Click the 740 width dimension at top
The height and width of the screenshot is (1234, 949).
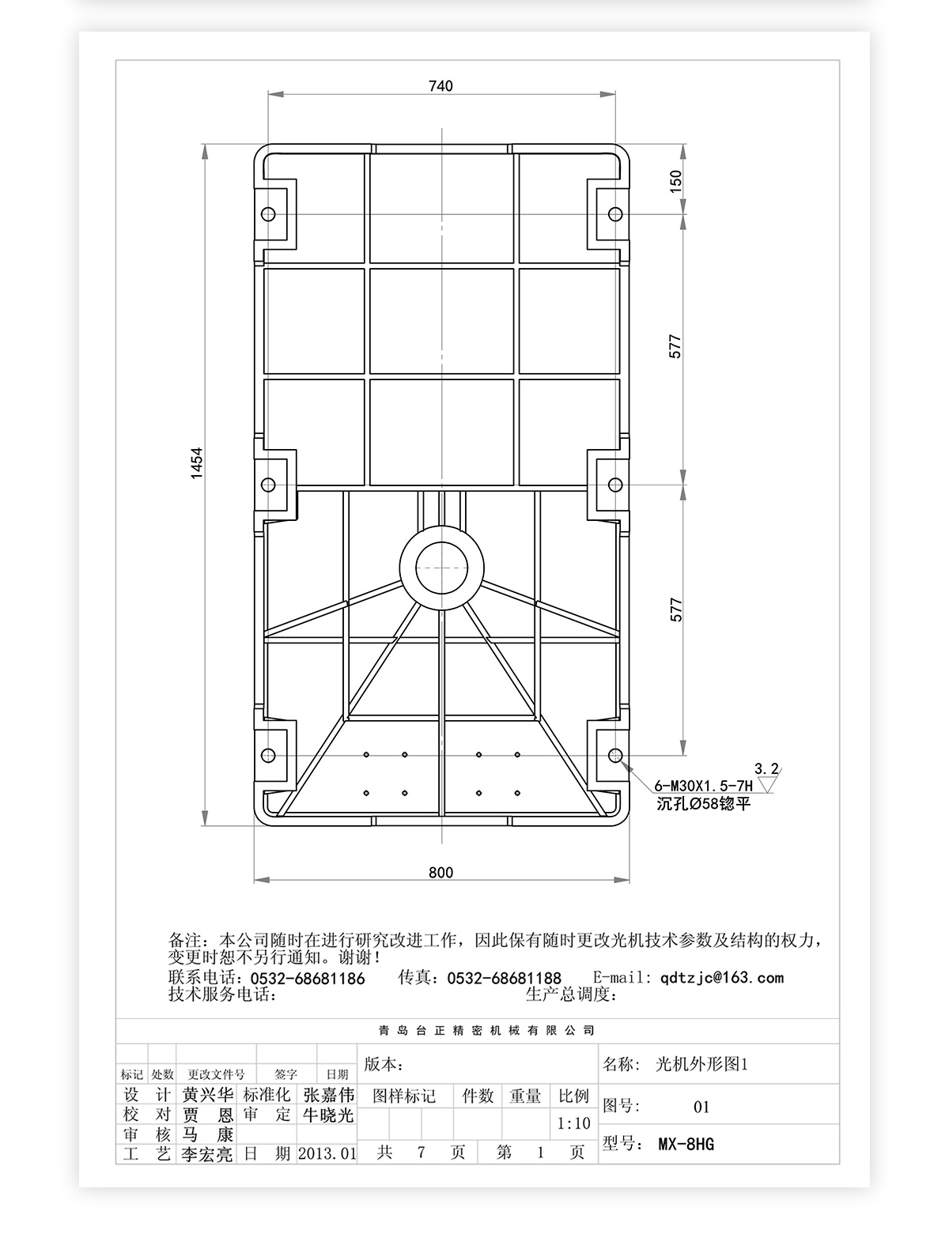pyautogui.click(x=440, y=86)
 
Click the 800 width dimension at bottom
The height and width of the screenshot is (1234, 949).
pyautogui.click(x=440, y=873)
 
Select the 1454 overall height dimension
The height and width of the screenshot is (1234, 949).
pyautogui.click(x=197, y=462)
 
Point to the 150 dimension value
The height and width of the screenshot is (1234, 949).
pyautogui.click(x=675, y=181)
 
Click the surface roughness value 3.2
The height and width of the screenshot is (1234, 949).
pyautogui.click(x=766, y=768)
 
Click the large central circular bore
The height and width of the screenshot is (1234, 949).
pyautogui.click(x=442, y=567)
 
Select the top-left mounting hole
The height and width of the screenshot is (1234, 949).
pyautogui.click(x=268, y=214)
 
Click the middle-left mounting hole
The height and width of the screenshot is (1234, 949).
pyautogui.click(x=268, y=484)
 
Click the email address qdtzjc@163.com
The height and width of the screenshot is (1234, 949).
pyautogui.click(x=721, y=978)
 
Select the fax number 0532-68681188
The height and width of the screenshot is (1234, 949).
pyautogui.click(x=504, y=979)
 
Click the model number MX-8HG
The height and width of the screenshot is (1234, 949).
pyautogui.click(x=686, y=1144)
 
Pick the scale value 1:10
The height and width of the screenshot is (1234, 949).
pyautogui.click(x=573, y=1123)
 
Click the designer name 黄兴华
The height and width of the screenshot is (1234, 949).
pyautogui.click(x=208, y=1095)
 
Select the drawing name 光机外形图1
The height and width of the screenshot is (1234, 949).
pyautogui.click(x=701, y=1064)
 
